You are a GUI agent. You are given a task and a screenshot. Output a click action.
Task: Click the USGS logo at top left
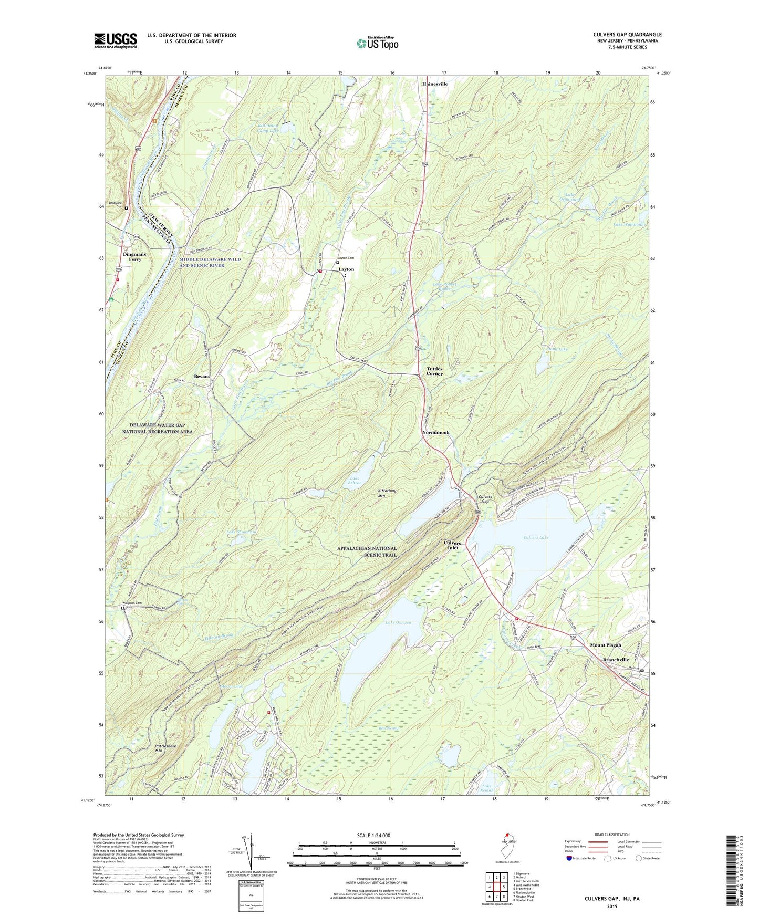point(116,40)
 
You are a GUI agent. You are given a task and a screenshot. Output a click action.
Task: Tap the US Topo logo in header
point(377,43)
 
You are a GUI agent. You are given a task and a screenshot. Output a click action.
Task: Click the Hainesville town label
point(435,84)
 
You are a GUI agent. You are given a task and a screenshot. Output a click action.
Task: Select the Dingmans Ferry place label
point(134,257)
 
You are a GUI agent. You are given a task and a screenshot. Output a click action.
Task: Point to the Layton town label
point(346,269)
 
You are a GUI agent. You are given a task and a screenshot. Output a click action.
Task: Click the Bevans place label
point(202,377)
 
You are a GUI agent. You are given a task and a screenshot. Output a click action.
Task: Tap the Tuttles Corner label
point(434,371)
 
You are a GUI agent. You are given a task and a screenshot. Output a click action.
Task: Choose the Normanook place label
point(435,433)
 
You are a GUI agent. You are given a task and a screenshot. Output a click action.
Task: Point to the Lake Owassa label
point(398,622)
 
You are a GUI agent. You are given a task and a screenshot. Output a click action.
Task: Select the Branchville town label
point(616,660)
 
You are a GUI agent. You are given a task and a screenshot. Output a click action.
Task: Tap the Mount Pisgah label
point(605,645)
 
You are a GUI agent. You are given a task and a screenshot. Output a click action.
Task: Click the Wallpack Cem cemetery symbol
point(123,608)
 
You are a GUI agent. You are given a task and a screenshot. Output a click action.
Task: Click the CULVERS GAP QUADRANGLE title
point(627,35)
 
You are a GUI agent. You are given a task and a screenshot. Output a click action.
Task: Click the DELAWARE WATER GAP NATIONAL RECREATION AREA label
point(157,429)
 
